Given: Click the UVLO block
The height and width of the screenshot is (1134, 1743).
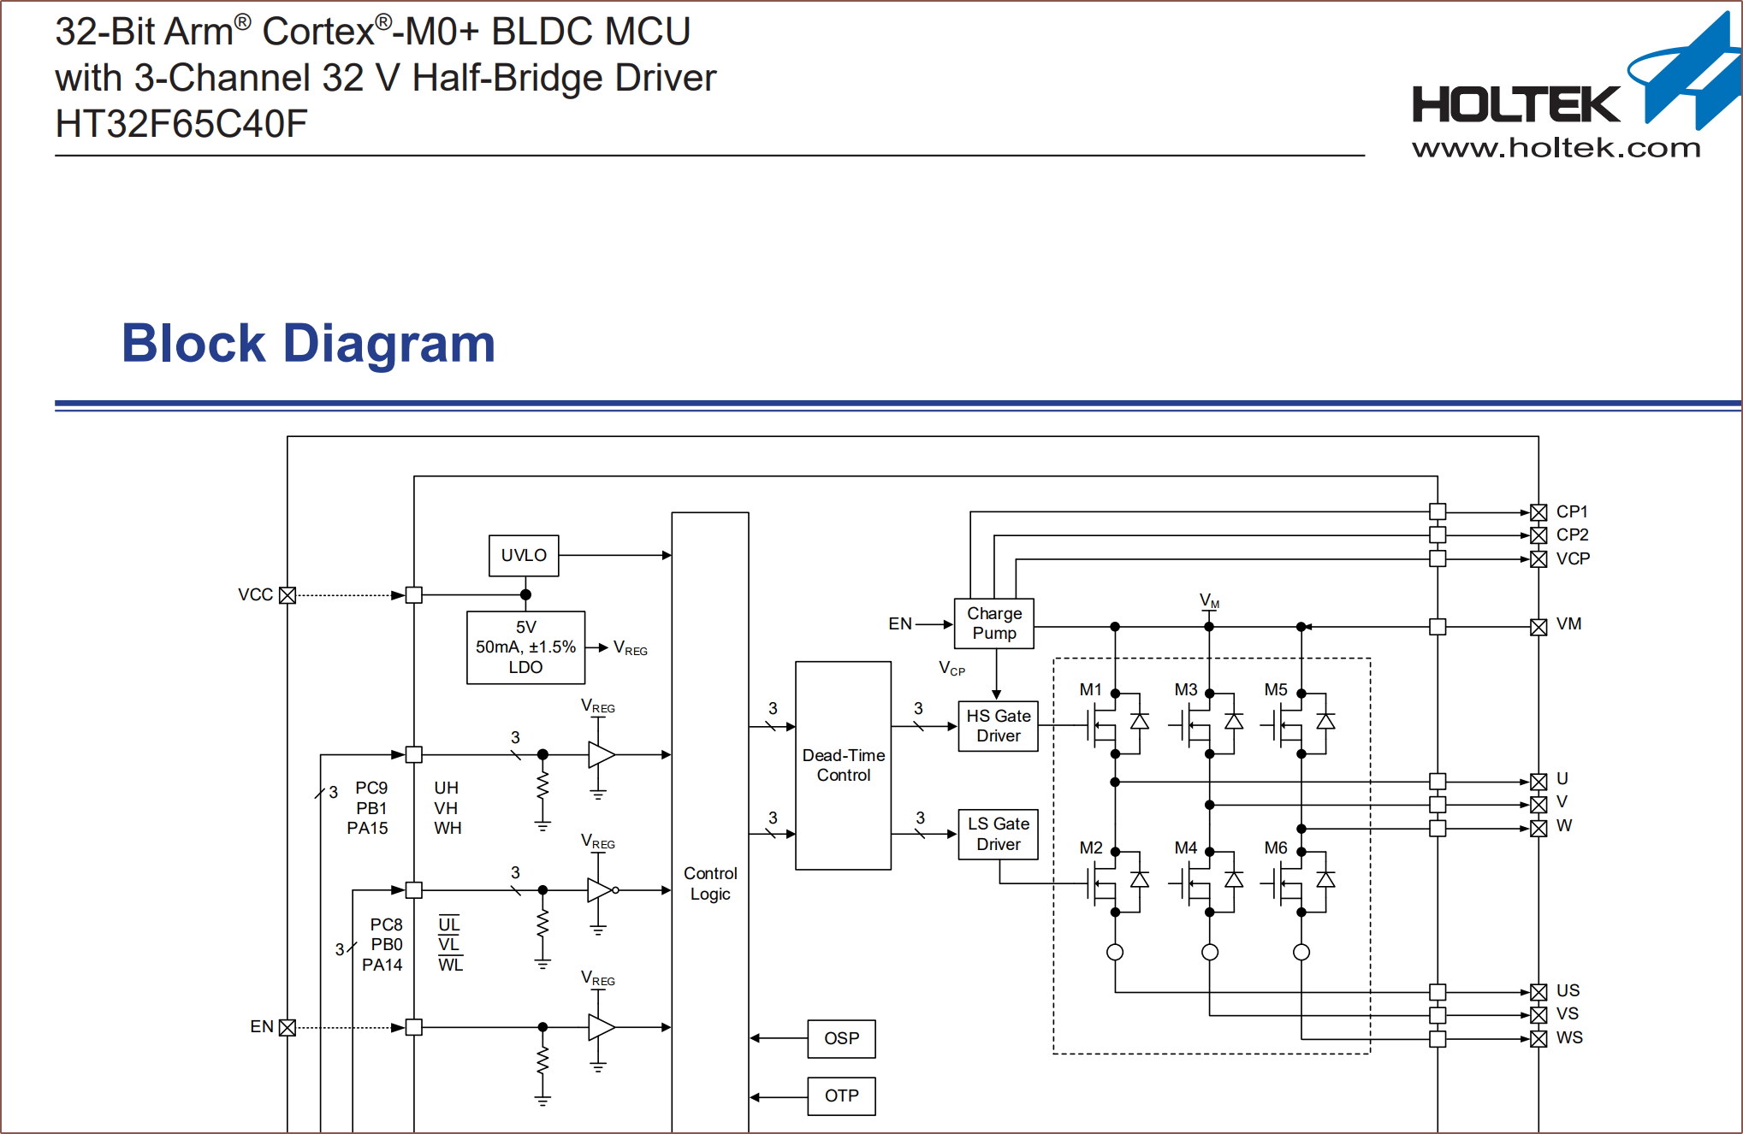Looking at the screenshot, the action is pos(524,556).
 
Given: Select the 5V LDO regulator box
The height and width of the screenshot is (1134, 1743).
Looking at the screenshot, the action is pos(525,647).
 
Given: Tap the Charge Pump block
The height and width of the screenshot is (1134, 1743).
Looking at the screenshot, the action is pos(994,623).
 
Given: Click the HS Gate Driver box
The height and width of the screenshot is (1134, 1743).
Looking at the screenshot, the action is pos(998,726).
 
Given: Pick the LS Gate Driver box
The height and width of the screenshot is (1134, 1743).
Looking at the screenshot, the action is pos(998,834).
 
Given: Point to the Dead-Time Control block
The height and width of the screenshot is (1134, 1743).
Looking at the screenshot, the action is pos(843,765).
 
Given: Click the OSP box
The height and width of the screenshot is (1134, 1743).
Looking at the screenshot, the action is pos(841,1038).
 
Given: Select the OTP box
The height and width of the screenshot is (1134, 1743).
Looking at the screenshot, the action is pos(841,1096).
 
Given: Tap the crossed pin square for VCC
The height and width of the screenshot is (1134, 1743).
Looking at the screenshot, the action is pos(288,595).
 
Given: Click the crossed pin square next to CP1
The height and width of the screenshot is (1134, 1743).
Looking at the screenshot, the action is pos(1538,512).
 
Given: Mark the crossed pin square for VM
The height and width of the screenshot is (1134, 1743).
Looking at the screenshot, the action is pos(1538,627).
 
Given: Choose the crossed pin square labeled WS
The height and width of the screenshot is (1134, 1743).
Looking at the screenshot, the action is pos(1538,1039).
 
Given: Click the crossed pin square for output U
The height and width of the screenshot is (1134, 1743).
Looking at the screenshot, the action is pos(1538,782).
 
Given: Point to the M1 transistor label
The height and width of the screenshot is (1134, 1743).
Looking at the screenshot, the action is pos(1090,689).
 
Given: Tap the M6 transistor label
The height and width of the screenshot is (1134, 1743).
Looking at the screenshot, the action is pos(1276,848).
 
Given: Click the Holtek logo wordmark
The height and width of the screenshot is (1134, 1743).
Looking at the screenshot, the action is pos(1516,104).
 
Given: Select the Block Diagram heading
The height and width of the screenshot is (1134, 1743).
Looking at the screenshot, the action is pos(309,344).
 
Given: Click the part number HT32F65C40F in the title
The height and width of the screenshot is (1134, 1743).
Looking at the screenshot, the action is pos(181,124).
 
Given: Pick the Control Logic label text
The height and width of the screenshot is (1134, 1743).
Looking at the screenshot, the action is pos(710,883).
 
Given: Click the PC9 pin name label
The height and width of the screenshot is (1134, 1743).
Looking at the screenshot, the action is pos(371,788).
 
